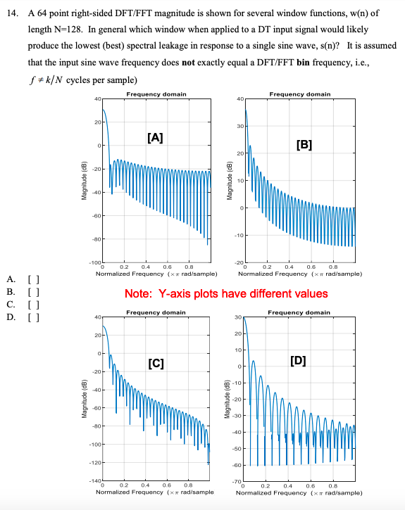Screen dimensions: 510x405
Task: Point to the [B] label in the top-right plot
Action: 304,146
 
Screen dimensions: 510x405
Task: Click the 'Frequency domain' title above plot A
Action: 156,94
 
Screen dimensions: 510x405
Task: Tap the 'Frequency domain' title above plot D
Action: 299,312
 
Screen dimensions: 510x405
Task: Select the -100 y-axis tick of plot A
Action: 94,262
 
